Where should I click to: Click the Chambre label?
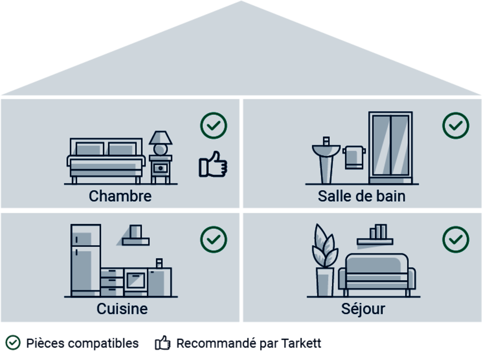click(x=120, y=196)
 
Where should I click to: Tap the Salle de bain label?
click(x=361, y=196)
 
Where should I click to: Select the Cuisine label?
click(x=122, y=309)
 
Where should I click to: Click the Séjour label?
click(x=363, y=309)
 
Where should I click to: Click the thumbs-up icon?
click(x=213, y=165)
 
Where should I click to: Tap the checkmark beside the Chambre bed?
click(x=213, y=126)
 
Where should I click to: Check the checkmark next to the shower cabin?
click(x=456, y=126)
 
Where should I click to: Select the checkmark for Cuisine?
click(x=213, y=240)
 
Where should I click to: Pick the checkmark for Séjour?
click(x=456, y=240)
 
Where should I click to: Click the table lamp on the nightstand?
click(x=160, y=143)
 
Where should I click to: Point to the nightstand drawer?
click(x=160, y=168)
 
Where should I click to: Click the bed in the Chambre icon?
click(x=106, y=161)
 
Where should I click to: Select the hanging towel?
click(x=354, y=157)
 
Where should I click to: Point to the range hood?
click(x=136, y=236)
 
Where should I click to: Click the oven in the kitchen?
click(x=136, y=280)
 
